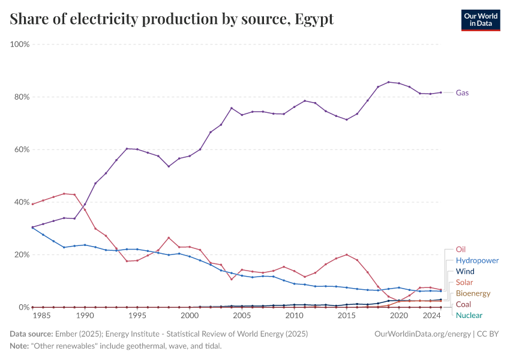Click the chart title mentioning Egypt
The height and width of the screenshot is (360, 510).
click(x=172, y=19)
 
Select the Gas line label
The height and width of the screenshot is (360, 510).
click(x=462, y=93)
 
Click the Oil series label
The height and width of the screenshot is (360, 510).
click(x=461, y=249)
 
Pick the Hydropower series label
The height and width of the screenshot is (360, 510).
click(x=477, y=260)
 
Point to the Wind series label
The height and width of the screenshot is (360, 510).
click(x=466, y=272)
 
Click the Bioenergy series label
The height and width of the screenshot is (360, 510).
click(x=473, y=293)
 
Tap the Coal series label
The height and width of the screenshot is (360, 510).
click(x=464, y=304)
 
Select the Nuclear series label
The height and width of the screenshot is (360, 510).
click(x=469, y=315)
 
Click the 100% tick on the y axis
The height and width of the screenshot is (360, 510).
click(x=20, y=44)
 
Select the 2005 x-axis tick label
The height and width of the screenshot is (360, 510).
click(x=242, y=316)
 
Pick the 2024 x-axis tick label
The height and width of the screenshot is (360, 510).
click(x=431, y=316)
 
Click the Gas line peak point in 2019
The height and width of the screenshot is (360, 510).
click(x=389, y=82)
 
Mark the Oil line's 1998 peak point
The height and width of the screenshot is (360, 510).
click(x=169, y=238)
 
